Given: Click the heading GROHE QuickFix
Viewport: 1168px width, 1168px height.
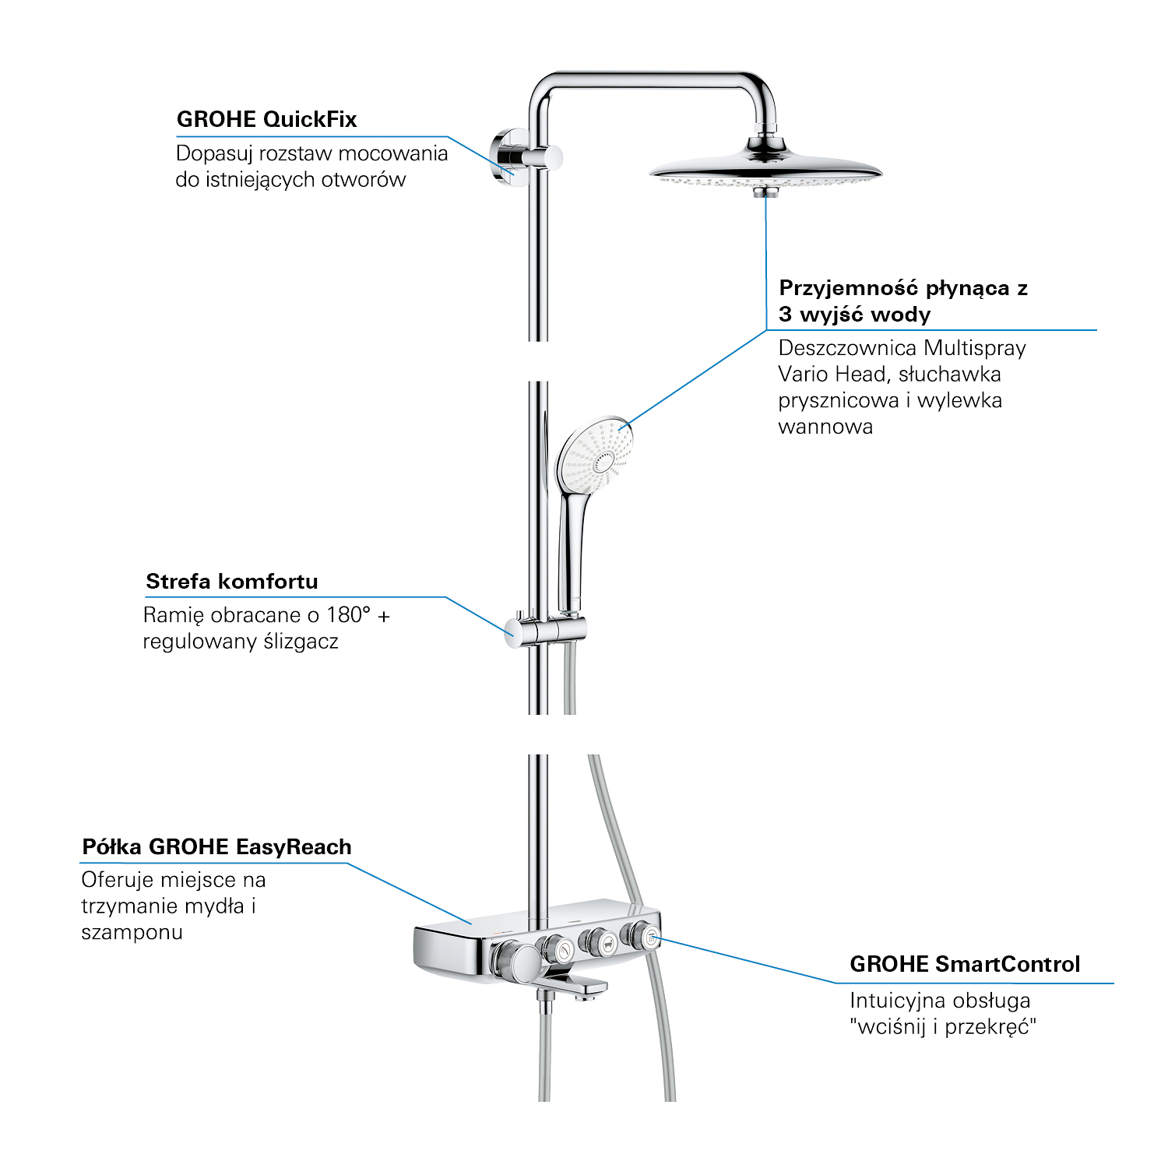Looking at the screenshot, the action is point(266,119).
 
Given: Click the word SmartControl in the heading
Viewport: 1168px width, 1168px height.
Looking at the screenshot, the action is point(1008,964).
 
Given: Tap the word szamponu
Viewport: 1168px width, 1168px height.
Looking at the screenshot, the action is point(132,933).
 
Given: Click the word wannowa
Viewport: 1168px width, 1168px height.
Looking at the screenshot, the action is point(825,427).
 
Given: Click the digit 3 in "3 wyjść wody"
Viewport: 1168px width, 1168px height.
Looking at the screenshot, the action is point(785,315).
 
